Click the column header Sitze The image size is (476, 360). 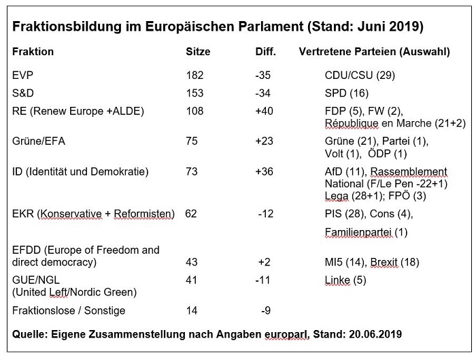(x=198, y=52)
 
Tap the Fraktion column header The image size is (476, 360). (x=33, y=52)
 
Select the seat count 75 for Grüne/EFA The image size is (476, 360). (x=192, y=142)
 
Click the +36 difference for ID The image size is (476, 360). (x=262, y=171)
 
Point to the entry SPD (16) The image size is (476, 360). (x=347, y=93)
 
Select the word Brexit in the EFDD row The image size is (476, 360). (x=384, y=262)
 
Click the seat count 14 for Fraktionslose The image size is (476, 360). (x=192, y=311)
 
